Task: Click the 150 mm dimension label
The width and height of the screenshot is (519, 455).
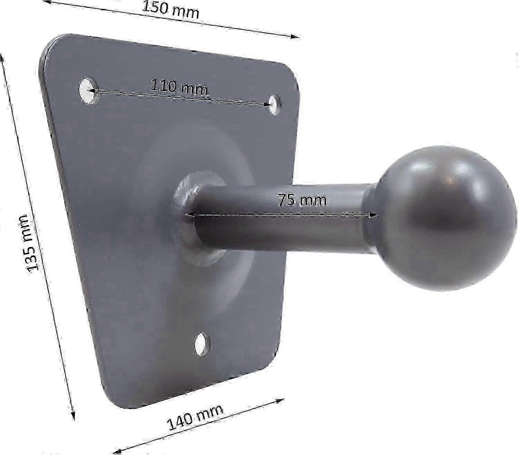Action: (170, 10)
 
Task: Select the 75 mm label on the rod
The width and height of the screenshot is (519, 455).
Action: (302, 200)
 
